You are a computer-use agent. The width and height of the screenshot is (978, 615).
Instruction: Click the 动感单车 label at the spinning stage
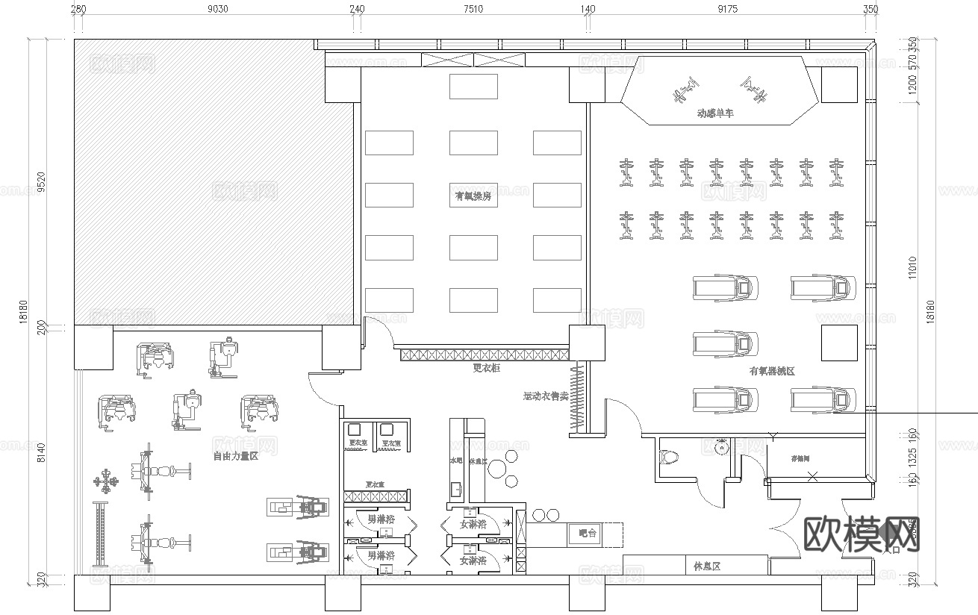(714, 113)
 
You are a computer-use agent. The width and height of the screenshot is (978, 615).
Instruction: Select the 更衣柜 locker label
(487, 367)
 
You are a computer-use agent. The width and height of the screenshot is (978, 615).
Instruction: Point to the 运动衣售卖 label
(546, 396)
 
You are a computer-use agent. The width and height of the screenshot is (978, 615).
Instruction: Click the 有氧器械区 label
(772, 371)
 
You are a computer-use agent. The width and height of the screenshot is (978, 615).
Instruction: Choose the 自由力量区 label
(235, 456)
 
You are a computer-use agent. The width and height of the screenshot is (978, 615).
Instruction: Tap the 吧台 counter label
(588, 534)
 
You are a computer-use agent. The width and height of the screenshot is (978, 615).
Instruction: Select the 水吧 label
(456, 461)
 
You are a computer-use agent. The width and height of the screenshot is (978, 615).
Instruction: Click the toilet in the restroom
(670, 456)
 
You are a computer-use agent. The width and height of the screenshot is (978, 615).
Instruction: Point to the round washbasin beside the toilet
(720, 449)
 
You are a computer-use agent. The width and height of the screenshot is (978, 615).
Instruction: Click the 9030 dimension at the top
(217, 10)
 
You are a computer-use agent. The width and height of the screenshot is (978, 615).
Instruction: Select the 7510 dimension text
(473, 10)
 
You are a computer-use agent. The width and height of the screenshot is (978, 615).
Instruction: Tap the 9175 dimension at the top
(727, 10)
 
